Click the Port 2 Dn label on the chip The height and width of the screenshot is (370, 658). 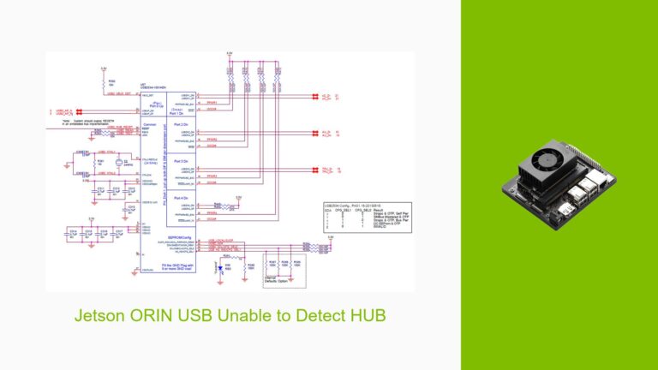(x=181, y=126)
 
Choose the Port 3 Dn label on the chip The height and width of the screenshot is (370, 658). (x=181, y=160)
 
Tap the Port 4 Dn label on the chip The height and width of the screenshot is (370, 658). (x=181, y=198)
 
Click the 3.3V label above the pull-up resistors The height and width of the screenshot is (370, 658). (x=230, y=53)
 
